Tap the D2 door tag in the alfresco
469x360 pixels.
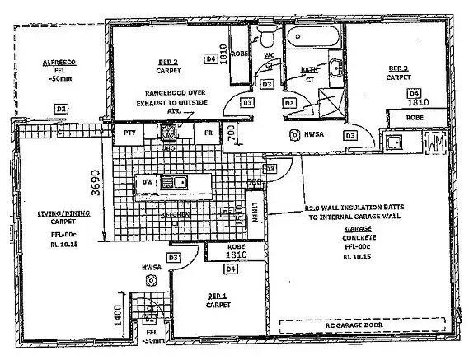(60, 109)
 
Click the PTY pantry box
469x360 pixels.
(129, 133)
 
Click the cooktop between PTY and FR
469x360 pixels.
(168, 132)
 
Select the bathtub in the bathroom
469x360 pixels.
(312, 36)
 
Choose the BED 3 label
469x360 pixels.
(398, 68)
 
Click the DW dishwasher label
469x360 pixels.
(147, 181)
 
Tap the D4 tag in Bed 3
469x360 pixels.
(413, 92)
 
